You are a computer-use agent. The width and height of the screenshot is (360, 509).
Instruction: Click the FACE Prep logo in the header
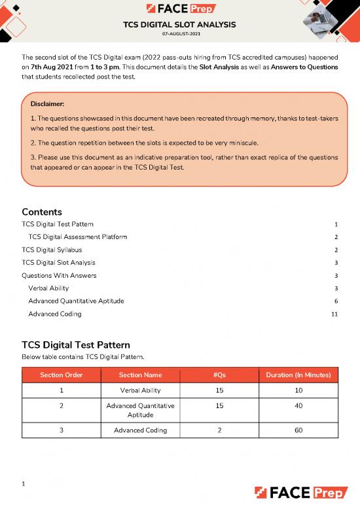[180, 9]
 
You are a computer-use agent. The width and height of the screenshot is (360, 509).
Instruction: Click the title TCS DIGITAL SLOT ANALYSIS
[180, 25]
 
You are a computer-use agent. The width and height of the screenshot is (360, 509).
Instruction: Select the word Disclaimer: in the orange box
[48, 104]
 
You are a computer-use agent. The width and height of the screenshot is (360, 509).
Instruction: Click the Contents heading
[42, 212]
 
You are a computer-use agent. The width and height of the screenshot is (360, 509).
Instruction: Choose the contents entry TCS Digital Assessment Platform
[78, 236]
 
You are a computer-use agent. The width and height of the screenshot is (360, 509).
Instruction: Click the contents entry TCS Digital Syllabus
[52, 250]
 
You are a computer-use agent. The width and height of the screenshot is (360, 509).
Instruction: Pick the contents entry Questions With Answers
[59, 275]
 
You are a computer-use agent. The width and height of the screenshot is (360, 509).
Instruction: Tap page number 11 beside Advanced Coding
[334, 314]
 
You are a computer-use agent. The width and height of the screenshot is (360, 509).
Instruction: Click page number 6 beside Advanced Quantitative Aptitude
[336, 301]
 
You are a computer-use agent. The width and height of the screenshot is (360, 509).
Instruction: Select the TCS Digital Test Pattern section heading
[76, 345]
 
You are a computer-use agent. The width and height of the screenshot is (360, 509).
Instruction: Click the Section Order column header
[60, 375]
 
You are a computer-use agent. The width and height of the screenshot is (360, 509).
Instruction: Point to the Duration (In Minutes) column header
[298, 375]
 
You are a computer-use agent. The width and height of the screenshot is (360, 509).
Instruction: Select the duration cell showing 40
[298, 406]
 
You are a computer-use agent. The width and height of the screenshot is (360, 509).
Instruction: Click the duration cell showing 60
[298, 430]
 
